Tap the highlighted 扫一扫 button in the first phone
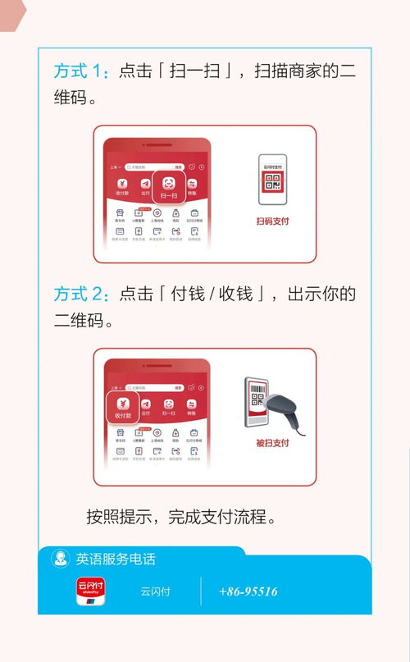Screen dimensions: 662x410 (169, 187)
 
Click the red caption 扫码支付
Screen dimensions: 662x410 (272, 221)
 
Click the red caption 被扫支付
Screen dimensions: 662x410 (272, 444)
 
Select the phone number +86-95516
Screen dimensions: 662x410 (248, 591)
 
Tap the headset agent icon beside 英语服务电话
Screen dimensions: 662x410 (60, 559)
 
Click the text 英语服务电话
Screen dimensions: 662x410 (116, 559)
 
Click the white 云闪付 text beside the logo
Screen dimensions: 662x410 (155, 591)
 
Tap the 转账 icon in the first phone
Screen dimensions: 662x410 (192, 187)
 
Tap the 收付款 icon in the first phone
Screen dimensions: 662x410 (122, 187)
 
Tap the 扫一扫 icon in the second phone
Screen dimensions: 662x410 (169, 408)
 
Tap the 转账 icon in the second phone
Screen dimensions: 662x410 (192, 408)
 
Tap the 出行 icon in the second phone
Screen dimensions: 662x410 (146, 408)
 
